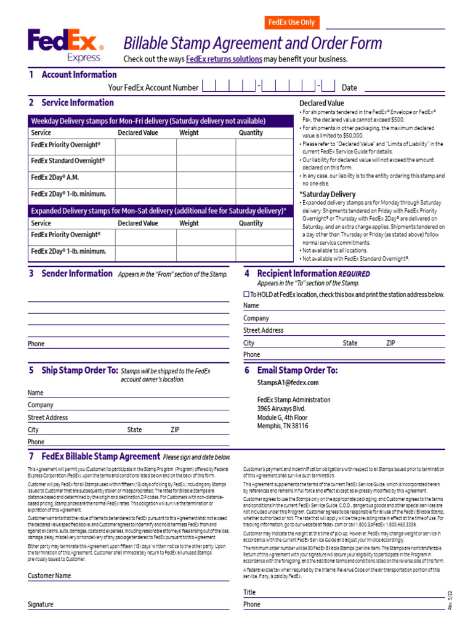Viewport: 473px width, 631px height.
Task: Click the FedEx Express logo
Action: coord(65,46)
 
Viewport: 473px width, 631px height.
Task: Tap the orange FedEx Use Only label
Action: coord(291,22)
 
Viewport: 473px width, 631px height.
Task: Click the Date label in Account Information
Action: coord(349,88)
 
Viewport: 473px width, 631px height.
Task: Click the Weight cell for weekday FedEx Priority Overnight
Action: coord(206,147)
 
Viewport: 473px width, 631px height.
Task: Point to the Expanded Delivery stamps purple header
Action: coord(159,210)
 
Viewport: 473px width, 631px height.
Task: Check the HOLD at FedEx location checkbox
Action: coord(246,295)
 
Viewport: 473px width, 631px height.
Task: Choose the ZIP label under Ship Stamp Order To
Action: coord(175,429)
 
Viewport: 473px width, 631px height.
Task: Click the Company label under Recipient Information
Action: coord(256,319)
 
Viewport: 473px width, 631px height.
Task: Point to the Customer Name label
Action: coord(49,576)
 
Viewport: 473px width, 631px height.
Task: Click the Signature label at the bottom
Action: coord(41,605)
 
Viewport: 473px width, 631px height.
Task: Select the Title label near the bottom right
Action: coord(249,592)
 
